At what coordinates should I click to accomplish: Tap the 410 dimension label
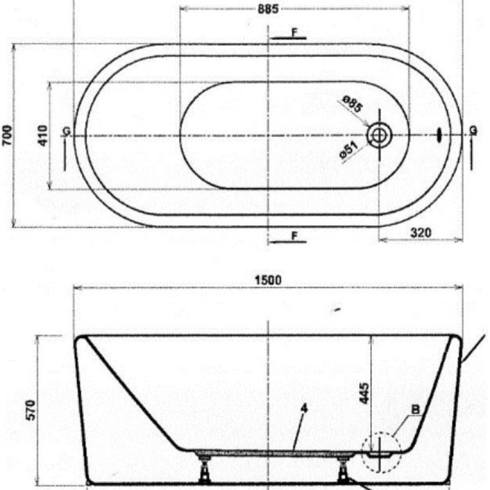coord(43,136)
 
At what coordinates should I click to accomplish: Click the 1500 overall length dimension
coord(268,280)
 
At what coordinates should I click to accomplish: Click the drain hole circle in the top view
coord(379,134)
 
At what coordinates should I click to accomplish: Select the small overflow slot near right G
coord(440,133)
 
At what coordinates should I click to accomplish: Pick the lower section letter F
coord(294,236)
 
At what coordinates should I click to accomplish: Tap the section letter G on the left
coord(66,131)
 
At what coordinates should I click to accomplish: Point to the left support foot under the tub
coord(205,469)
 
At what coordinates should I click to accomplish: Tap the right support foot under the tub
coord(343,469)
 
